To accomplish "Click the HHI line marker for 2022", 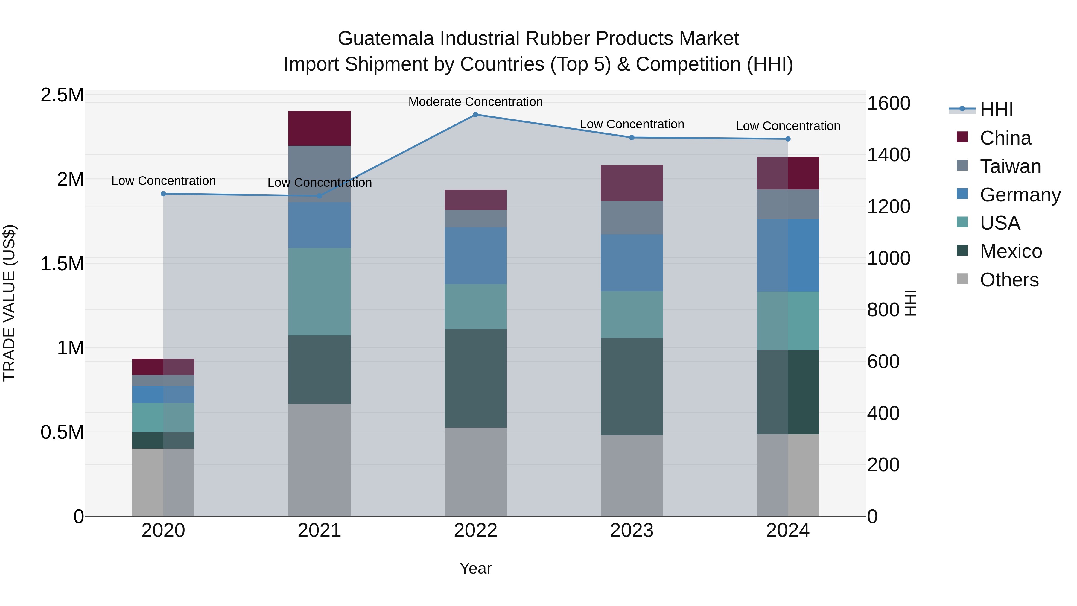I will click(475, 114).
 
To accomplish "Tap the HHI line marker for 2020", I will click(163, 194).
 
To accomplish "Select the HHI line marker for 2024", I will click(788, 139).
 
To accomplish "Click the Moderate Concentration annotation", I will click(475, 102).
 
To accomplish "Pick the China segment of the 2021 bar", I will click(320, 128).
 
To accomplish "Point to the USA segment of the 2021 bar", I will click(320, 291).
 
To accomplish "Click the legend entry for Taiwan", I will click(1010, 166).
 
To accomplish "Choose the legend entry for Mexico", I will click(1011, 251).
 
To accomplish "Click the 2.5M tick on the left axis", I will click(62, 95).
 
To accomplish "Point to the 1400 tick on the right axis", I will click(889, 155).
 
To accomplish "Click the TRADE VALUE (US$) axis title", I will click(10, 303).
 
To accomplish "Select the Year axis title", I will click(475, 568).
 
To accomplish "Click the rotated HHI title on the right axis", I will click(910, 303).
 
